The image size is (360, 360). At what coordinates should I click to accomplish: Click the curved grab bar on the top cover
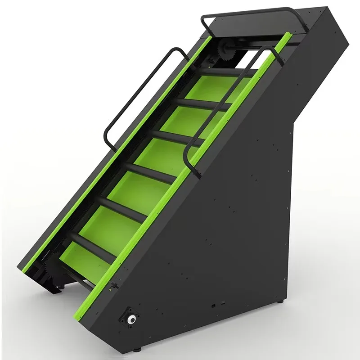[252, 11]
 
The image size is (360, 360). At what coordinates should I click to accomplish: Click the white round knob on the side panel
[132, 319]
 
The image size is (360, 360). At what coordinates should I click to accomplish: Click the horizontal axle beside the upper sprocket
[252, 45]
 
